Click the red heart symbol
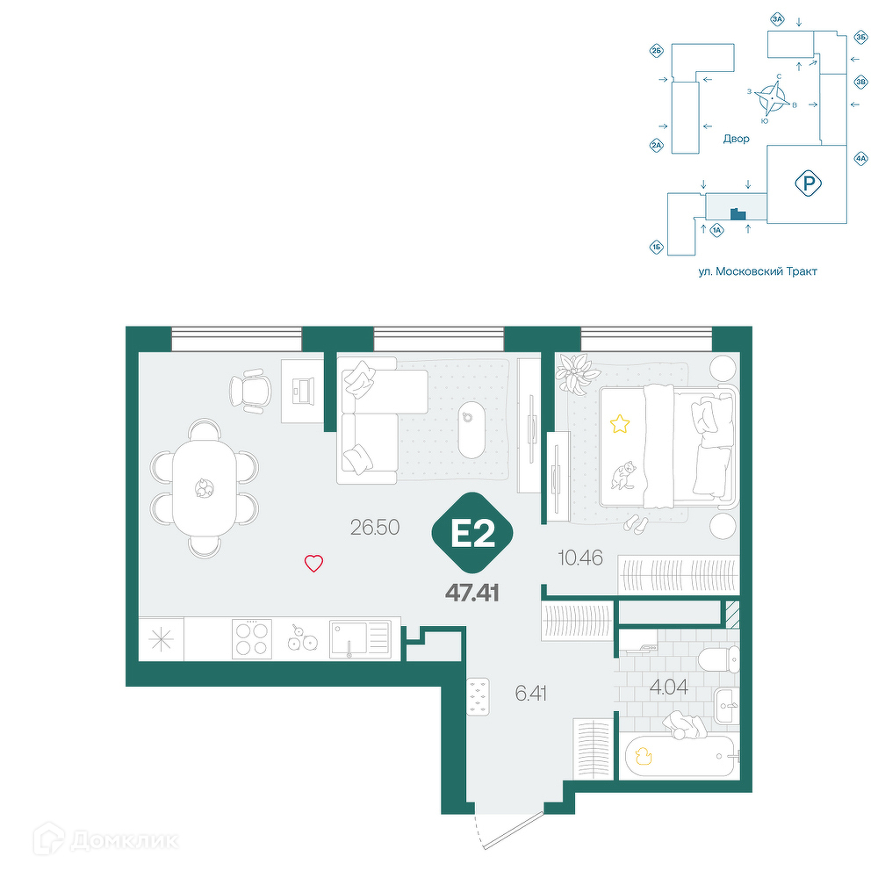313,563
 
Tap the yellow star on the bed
619,424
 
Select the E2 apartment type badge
472,533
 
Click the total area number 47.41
472,593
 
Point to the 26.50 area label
375,527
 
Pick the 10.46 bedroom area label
580,558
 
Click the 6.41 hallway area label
531,694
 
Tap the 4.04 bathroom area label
668,687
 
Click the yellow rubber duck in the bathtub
644,757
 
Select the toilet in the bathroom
719,659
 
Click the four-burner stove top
252,638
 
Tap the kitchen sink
360,639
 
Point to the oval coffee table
471,429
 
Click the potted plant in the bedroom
573,372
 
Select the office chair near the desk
250,391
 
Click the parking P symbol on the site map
808,184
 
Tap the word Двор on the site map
736,139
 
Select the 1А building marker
716,229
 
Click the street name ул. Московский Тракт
758,271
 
